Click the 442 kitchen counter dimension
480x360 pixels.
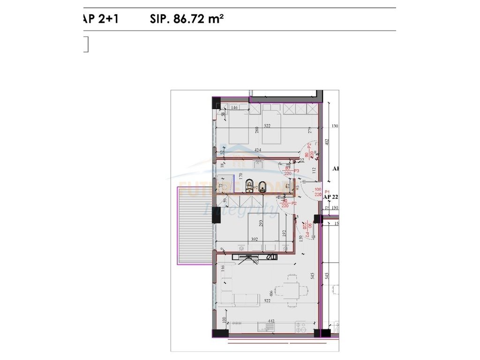(270, 321)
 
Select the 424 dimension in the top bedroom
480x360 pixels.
(257, 150)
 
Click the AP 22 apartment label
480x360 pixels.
(331, 197)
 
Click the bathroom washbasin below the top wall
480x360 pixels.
(259, 164)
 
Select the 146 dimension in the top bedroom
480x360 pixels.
(235, 108)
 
